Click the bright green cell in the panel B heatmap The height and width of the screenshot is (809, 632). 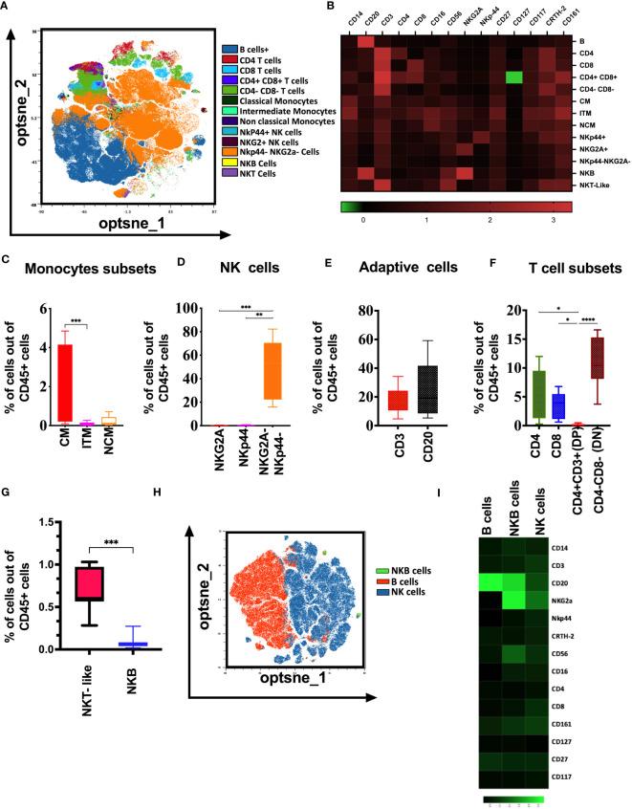click(514, 77)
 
